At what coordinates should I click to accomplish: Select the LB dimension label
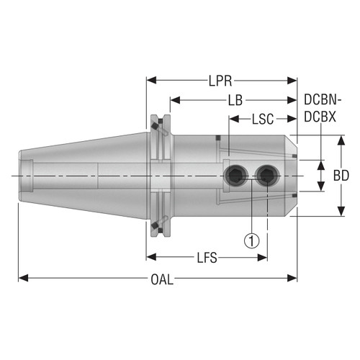(x=235, y=101)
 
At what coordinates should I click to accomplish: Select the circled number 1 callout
(x=251, y=241)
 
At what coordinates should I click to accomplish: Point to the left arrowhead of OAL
(x=22, y=276)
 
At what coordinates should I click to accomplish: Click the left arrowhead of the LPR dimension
(x=150, y=80)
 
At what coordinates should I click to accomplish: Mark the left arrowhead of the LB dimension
(x=174, y=100)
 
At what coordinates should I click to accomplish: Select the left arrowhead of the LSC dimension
(x=232, y=119)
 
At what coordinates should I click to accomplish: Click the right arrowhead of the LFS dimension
(x=265, y=256)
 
